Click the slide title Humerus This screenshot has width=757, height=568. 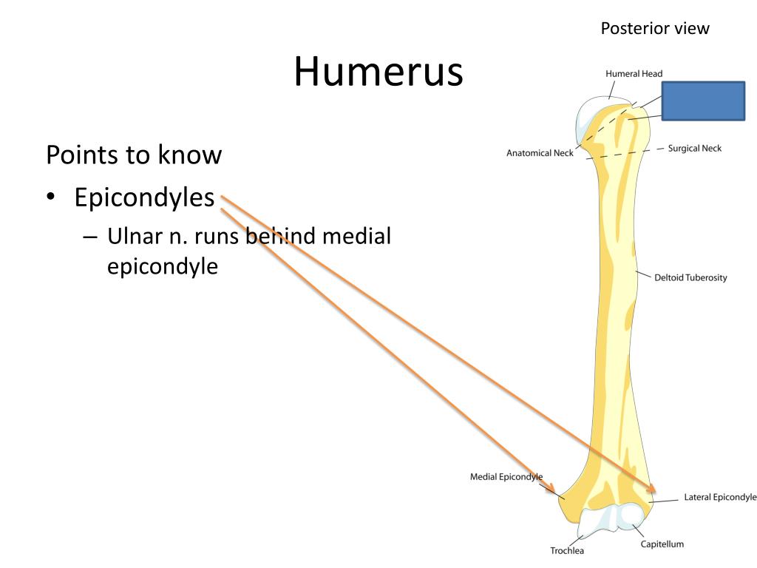(378, 72)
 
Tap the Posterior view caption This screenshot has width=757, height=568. (654, 29)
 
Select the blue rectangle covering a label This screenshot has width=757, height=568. (702, 101)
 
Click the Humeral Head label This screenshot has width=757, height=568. (634, 74)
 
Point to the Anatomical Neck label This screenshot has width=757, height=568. (540, 153)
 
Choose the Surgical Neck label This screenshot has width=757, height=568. (694, 148)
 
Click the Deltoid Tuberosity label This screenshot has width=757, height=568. (690, 277)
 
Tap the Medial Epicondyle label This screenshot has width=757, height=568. (506, 477)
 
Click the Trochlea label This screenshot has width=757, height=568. (567, 550)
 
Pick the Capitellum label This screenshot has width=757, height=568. (662, 544)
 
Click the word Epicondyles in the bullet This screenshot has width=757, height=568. (144, 197)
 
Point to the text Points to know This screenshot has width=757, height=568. (134, 155)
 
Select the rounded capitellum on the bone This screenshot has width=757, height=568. (632, 515)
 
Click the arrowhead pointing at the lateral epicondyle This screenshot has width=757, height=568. (653, 490)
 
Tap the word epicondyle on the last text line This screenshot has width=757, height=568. (163, 266)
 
